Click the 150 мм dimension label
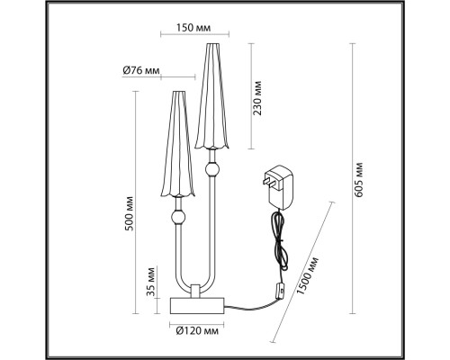click(193, 28)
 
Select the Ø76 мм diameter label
click(141, 70)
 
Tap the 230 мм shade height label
click(257, 98)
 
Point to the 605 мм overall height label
click(358, 180)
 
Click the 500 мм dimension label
click(130, 213)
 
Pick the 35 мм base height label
click(151, 282)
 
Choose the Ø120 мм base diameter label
click(197, 331)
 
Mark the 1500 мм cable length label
click(307, 276)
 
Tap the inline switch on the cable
click(281, 292)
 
